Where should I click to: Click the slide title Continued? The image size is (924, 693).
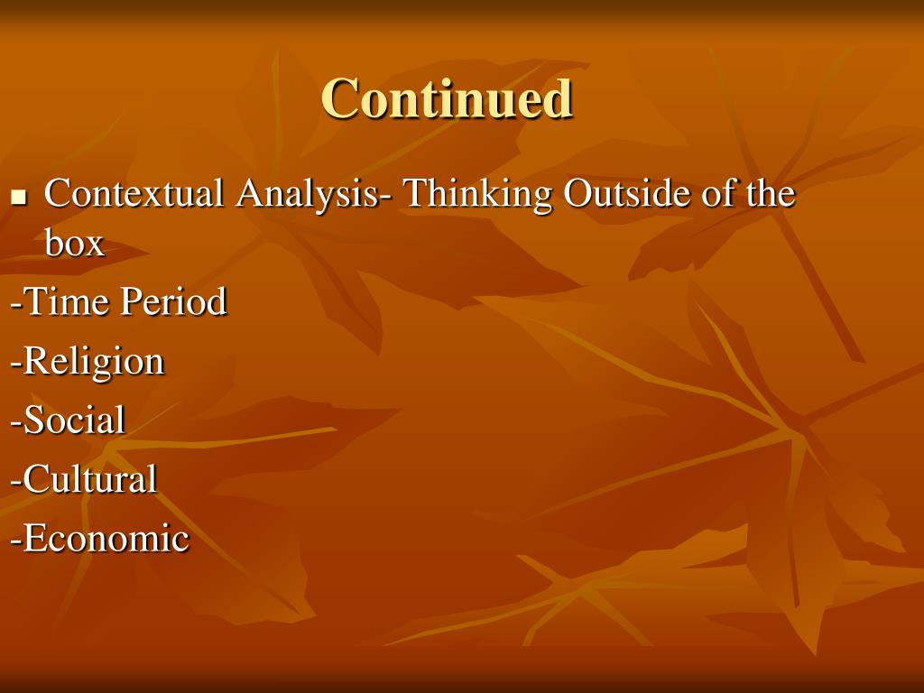(x=447, y=98)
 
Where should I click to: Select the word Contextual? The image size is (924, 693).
(x=134, y=193)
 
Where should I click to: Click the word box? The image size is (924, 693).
(x=74, y=243)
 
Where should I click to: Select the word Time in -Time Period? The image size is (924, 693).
(x=67, y=301)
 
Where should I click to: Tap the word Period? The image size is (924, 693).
(x=173, y=301)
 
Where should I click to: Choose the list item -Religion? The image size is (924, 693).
(x=88, y=362)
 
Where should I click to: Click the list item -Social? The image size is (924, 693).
(x=68, y=420)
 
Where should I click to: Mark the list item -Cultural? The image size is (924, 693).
(x=84, y=478)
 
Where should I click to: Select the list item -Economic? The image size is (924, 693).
(x=99, y=539)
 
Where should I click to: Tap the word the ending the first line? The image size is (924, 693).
(x=770, y=193)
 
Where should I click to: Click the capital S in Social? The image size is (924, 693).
(x=33, y=420)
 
